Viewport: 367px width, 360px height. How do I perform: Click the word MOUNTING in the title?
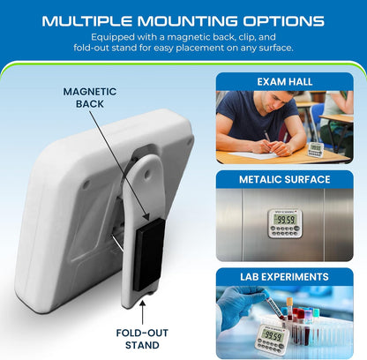187,21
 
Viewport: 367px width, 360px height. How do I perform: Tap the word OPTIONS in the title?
283,21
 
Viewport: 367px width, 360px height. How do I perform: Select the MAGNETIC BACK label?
90,98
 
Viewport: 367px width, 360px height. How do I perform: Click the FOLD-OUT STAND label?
142,339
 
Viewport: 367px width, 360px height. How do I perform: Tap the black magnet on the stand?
149,254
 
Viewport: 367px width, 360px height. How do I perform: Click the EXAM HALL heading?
285,82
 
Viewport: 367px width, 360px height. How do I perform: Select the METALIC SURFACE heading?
285,179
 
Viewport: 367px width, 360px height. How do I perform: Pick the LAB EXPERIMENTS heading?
284,277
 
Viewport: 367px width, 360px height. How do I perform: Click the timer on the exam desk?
316,149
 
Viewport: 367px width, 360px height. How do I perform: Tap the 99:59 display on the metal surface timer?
284,220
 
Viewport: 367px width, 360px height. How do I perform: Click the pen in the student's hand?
268,137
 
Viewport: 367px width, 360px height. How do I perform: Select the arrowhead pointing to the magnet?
146,216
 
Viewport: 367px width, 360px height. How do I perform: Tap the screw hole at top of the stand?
146,175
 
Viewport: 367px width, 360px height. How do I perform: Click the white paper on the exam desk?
253,154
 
